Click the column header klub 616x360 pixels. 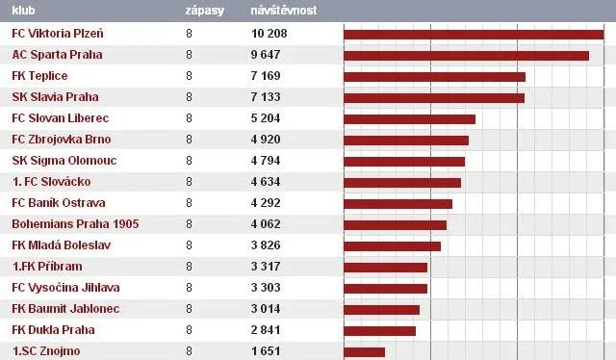[x=23, y=11]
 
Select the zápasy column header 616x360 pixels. [x=204, y=11]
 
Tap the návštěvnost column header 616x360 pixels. [x=283, y=10]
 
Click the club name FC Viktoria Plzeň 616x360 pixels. [x=58, y=34]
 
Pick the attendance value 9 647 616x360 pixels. [x=266, y=55]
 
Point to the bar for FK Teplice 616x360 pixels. [x=434, y=77]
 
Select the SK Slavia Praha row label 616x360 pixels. [x=56, y=97]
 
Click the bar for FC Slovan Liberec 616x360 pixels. [x=409, y=119]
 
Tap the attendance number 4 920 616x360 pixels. [x=266, y=140]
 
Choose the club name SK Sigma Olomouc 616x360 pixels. [x=64, y=161]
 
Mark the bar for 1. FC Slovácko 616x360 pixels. [x=402, y=183]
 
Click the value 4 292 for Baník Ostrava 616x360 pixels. [x=266, y=203]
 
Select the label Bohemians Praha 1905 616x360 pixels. [x=75, y=224]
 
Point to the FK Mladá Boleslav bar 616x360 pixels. [x=392, y=246]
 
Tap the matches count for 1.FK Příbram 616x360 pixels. [x=189, y=267]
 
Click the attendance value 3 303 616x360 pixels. [x=266, y=288]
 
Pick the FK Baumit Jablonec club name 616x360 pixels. [x=65, y=309]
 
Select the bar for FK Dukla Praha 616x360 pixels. [x=379, y=331]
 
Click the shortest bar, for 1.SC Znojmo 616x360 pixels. [x=364, y=352]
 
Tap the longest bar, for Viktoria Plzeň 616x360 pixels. [x=474, y=35]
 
